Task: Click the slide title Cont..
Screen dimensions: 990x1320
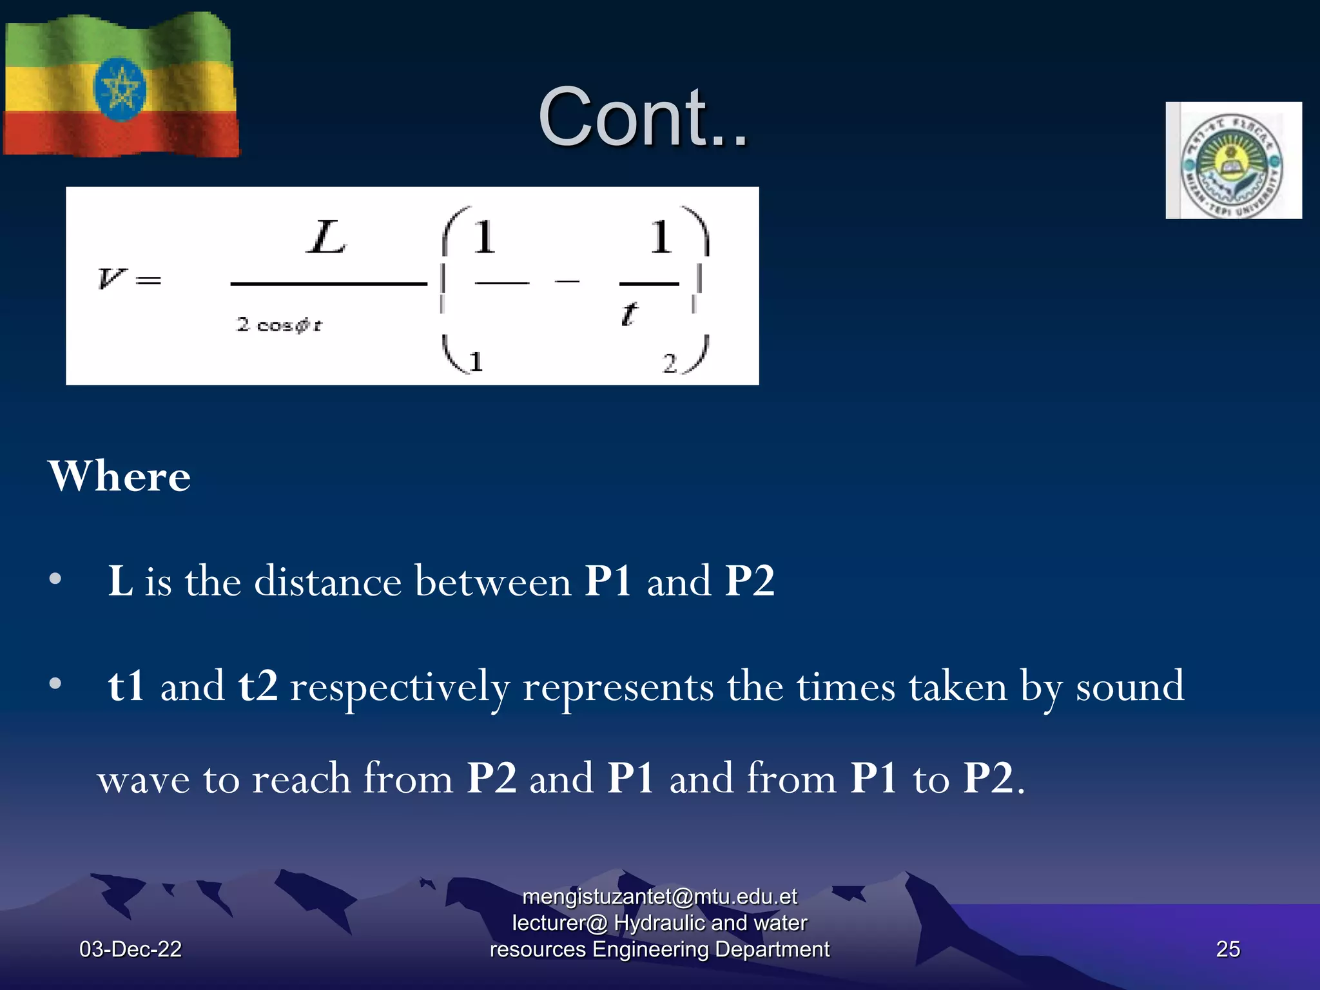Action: [643, 118]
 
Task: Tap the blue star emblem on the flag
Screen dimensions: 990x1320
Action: [120, 90]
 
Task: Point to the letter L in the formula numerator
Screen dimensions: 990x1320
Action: [326, 238]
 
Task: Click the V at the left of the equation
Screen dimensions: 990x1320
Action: [111, 278]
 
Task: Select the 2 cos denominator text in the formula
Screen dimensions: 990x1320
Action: [279, 325]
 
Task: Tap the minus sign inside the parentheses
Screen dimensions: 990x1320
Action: [567, 281]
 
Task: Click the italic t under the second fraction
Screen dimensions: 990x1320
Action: [629, 315]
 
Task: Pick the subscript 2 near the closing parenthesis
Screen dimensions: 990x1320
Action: [670, 364]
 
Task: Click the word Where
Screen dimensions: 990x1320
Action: [119, 476]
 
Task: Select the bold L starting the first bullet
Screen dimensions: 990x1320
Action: [120, 581]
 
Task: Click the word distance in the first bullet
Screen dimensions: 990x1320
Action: [328, 581]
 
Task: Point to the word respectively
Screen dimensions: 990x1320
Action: [400, 687]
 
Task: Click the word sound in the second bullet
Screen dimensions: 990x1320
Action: [1129, 686]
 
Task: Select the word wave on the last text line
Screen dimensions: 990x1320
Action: [143, 779]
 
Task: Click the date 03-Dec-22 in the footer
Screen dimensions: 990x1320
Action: [130, 949]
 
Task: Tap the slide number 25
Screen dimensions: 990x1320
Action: [1227, 949]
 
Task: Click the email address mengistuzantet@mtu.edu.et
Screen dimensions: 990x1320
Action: [659, 897]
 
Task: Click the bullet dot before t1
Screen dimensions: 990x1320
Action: [55, 684]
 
